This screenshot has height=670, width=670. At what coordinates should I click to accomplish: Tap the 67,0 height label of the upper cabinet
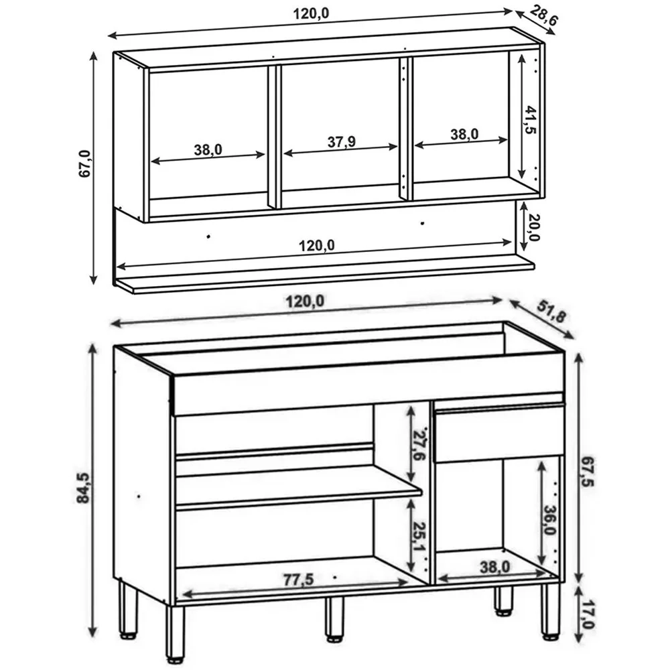[85, 163]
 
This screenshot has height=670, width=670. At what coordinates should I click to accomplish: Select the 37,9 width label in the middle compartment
[342, 141]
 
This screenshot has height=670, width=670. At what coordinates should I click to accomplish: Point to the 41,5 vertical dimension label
[531, 120]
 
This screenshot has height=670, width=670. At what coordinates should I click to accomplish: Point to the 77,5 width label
[298, 580]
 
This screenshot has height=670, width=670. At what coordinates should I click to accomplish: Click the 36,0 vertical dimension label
[550, 520]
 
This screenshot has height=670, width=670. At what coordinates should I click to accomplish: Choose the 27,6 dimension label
[420, 443]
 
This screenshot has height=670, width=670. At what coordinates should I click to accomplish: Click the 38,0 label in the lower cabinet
[495, 567]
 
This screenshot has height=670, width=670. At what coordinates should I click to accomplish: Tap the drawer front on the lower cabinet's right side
[498, 433]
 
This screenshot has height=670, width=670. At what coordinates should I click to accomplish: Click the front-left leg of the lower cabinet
[175, 634]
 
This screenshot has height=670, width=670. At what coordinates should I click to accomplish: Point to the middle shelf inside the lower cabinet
[299, 486]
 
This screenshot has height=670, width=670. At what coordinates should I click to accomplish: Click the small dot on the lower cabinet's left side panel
[139, 496]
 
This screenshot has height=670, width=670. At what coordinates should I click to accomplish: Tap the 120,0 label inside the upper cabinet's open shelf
[316, 246]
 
